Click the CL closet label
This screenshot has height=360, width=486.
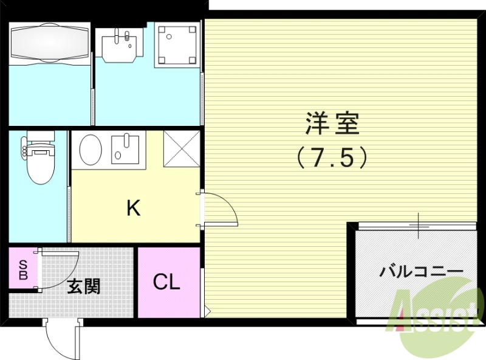tap(166, 282)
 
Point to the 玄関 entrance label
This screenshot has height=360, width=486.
tap(83, 286)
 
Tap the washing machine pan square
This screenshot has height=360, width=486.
tap(177, 44)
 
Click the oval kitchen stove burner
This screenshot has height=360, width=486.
tap(91, 148)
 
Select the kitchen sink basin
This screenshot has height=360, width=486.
tap(125, 148)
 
